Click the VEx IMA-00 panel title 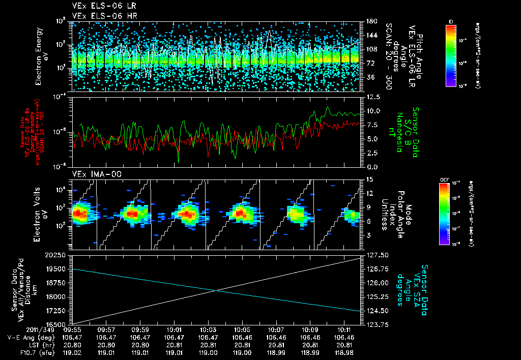(x=93, y=174)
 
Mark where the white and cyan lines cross (x=217, y=290)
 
